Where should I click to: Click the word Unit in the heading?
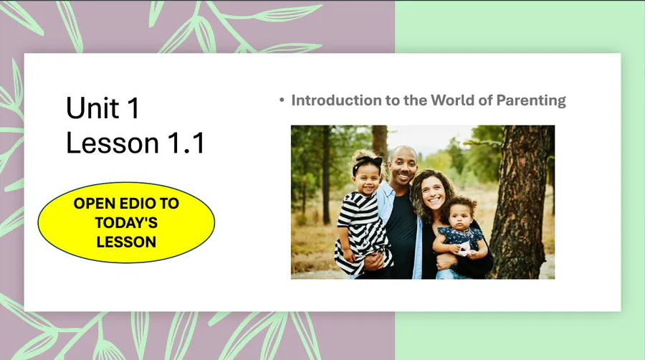[93, 108]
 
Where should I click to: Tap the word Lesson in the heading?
[113, 143]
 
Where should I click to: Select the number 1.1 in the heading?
[186, 143]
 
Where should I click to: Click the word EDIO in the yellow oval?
[135, 203]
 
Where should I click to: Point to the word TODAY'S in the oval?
[126, 222]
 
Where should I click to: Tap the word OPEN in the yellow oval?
[94, 203]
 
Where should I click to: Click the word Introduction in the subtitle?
[337, 100]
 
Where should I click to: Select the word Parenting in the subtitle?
[530, 100]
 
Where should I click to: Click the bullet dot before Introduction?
[282, 100]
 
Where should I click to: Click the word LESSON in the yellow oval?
[126, 242]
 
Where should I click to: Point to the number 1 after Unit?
[133, 108]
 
